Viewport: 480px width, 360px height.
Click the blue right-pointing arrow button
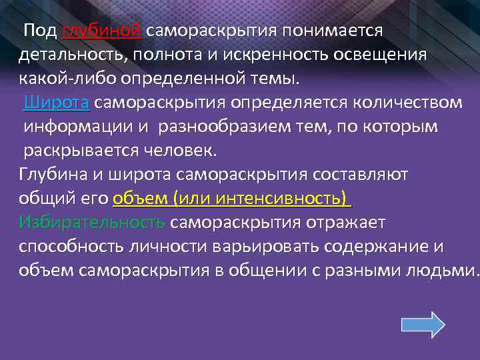pos(423,325)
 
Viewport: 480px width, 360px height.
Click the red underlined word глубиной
pos(101,31)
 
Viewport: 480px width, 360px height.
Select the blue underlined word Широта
pos(57,103)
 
